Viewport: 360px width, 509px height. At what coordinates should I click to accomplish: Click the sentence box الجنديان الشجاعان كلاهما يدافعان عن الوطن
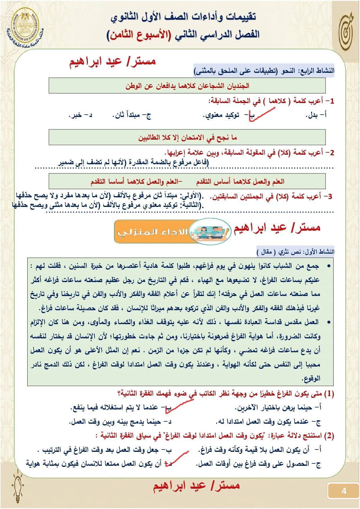(187, 86)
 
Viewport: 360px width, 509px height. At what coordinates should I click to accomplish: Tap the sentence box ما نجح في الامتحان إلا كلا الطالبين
(187, 137)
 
